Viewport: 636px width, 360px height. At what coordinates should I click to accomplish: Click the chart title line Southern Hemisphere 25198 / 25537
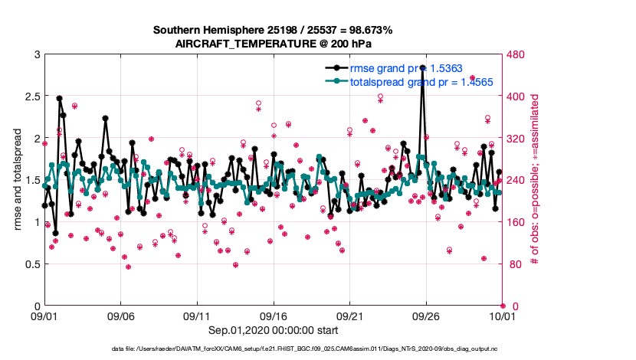pyautogui.click(x=273, y=31)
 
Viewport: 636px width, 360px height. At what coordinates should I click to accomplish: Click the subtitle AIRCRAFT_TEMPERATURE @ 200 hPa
pyautogui.click(x=273, y=44)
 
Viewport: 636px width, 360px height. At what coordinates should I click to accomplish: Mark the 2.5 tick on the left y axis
pyautogui.click(x=31, y=97)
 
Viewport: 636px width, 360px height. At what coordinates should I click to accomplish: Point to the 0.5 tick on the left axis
pyautogui.click(x=31, y=264)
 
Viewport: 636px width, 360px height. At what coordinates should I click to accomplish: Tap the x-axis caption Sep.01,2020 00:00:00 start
pyautogui.click(x=273, y=330)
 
